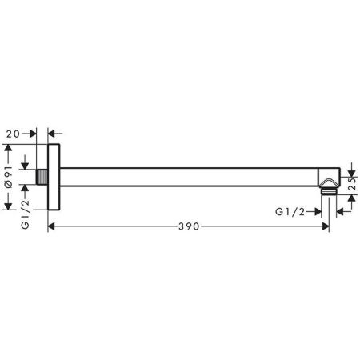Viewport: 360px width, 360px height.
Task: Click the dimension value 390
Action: coord(189,226)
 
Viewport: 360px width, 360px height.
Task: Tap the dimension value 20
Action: coord(14,134)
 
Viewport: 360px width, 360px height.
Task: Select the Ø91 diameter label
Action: coord(9,176)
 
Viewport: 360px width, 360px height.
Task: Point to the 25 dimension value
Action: coord(353,184)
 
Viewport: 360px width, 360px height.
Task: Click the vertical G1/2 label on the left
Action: coord(25,214)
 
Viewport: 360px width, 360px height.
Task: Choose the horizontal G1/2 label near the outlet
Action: coord(290,212)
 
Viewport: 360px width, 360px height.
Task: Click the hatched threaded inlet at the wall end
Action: coord(42,177)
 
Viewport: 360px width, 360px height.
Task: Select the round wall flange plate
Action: coord(54,177)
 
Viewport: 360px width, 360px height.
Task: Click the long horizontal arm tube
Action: coord(189,177)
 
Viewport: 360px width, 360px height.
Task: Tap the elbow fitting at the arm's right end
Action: coord(329,178)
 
